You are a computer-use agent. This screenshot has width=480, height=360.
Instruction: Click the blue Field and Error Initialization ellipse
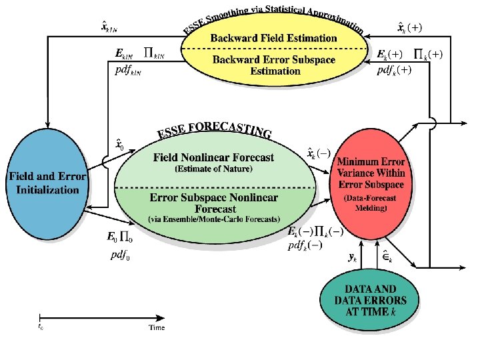tap(47, 181)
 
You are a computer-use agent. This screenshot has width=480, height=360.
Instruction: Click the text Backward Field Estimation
tap(273, 38)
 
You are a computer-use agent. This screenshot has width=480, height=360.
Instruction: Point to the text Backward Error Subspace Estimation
tap(275, 65)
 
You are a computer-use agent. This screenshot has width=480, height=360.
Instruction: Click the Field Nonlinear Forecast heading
tap(213, 158)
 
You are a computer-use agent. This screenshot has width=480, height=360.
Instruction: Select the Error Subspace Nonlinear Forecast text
tap(213, 203)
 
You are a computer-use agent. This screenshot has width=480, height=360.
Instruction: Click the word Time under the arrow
tap(157, 327)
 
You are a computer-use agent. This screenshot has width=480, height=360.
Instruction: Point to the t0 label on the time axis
tap(41, 327)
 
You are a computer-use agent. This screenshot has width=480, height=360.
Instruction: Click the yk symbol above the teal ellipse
tap(353, 255)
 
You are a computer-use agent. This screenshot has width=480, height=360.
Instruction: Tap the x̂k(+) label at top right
tap(409, 28)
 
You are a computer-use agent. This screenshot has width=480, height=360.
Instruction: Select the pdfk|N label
tap(131, 71)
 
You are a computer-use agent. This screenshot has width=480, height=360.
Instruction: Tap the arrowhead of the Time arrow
tap(163, 316)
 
